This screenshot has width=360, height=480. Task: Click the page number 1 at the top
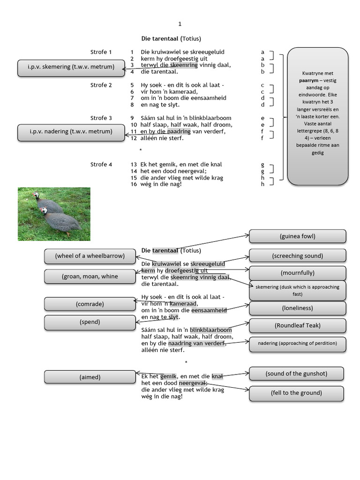[x=180, y=24]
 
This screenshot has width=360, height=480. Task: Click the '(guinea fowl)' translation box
[x=297, y=236]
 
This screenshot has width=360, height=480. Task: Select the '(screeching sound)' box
[x=297, y=256]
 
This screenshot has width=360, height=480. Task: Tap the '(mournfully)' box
[x=297, y=273]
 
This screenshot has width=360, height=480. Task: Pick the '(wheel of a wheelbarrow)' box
[x=90, y=256]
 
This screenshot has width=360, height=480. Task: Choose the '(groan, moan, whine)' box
[x=90, y=277]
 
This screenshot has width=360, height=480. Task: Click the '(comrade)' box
[x=90, y=304]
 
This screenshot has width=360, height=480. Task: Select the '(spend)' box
[x=90, y=322]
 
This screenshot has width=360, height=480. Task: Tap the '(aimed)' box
[x=90, y=377]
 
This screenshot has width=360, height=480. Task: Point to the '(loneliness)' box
[x=297, y=308]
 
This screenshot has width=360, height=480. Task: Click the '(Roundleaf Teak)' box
[x=297, y=325]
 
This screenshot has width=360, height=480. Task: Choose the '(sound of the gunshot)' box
[x=296, y=374]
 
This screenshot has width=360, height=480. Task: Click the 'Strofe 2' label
[x=101, y=85]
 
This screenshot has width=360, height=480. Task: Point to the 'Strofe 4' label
[x=101, y=165]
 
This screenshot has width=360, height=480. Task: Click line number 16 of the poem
[x=134, y=184]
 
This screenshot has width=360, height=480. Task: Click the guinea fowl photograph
[x=54, y=214]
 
